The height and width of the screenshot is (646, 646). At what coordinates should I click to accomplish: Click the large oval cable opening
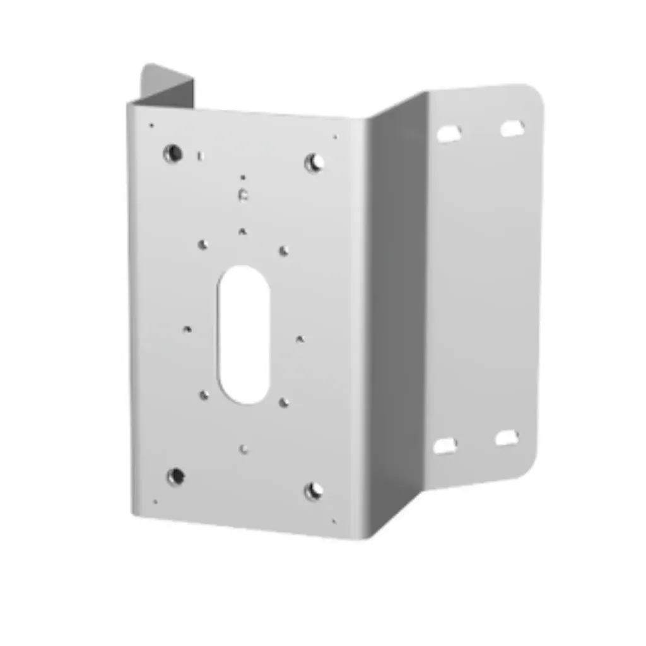coord(244,334)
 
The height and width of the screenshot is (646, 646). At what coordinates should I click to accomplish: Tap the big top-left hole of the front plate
coord(172,153)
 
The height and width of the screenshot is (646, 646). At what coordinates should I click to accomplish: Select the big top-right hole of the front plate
coord(314,163)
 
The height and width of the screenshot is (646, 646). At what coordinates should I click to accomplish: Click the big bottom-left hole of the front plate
coord(176,476)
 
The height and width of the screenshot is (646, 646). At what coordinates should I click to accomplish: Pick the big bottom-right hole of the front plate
coord(314,490)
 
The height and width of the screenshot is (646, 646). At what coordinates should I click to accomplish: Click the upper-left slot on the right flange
coord(449,133)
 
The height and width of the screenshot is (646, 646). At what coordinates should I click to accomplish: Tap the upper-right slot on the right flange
coord(512,128)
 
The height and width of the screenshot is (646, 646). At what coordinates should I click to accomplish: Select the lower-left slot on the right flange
coord(445,445)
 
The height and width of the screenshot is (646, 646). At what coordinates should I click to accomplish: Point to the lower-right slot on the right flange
coord(507,438)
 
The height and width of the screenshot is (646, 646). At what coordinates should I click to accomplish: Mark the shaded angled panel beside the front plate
coord(396,315)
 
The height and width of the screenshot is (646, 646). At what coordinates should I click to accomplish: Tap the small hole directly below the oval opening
coord(244,449)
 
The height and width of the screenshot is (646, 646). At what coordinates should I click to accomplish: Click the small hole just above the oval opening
coord(242,232)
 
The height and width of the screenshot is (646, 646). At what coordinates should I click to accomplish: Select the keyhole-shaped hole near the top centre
coord(243,194)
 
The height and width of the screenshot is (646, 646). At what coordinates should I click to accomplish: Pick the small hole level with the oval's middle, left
coord(187,329)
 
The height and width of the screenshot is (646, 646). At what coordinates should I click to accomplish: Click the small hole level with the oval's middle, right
coord(300,339)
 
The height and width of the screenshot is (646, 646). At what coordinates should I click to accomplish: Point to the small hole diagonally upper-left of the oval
coord(203,244)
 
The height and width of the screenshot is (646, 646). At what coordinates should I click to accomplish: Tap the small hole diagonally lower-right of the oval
coord(284,402)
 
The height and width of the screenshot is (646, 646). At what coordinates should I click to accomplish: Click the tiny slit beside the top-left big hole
coord(200,156)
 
